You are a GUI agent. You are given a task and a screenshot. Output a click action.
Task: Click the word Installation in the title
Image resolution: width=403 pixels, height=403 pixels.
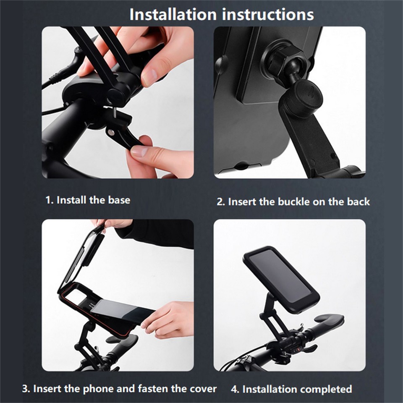pyautogui.click(x=173, y=14)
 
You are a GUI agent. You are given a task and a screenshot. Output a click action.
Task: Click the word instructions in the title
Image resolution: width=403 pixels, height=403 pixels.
pyautogui.click(x=268, y=14)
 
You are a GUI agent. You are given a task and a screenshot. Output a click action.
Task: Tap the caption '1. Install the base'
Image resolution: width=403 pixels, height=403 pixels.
pyautogui.click(x=88, y=200)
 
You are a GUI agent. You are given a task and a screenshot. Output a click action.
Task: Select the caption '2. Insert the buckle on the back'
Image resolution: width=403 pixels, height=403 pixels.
pyautogui.click(x=293, y=201)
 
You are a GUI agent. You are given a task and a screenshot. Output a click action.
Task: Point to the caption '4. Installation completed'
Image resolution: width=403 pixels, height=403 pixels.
pyautogui.click(x=291, y=389)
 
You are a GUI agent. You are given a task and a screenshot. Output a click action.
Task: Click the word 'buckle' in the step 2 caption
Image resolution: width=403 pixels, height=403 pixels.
pyautogui.click(x=292, y=201)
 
